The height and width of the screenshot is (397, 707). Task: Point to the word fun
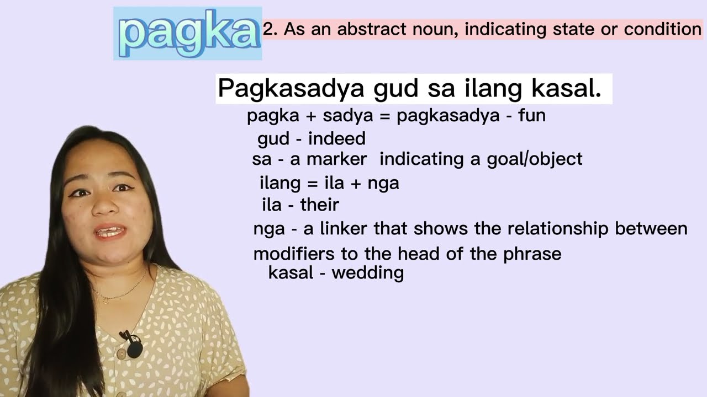(x=531, y=116)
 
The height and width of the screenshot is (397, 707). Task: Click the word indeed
(x=336, y=138)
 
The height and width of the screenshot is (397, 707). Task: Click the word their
(x=319, y=205)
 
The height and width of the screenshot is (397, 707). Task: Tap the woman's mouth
(x=110, y=232)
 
